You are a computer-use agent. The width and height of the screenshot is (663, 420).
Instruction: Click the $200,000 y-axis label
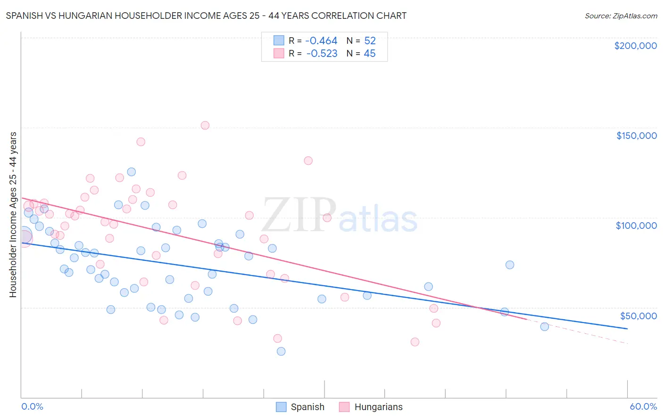coord(635,46)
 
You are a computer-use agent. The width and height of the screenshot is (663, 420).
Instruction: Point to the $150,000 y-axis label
coord(636,136)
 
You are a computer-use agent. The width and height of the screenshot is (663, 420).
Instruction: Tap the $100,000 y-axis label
coord(636,226)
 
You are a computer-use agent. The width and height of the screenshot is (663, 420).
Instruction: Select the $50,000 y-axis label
coord(638,315)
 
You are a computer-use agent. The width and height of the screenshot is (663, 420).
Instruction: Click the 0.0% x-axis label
coord(32,406)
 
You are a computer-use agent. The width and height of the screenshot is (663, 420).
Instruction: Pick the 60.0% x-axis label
coord(643,406)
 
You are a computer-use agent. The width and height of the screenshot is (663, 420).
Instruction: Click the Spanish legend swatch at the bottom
coord(281,407)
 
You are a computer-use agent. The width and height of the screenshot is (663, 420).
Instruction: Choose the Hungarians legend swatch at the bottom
coord(344,407)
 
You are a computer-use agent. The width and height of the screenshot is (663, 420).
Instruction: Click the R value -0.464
coord(322,41)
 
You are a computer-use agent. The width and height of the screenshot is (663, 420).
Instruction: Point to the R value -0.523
coord(322,54)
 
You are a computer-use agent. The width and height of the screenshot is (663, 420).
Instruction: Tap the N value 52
coord(370,41)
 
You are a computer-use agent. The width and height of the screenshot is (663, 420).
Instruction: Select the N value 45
coord(370,54)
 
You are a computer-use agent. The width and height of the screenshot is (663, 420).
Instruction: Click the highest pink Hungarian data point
coord(205,125)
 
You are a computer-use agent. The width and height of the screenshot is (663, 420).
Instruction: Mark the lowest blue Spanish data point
coord(281,351)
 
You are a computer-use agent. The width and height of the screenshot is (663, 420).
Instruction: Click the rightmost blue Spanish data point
coord(545,327)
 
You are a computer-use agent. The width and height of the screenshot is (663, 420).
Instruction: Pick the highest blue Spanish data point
coord(132,172)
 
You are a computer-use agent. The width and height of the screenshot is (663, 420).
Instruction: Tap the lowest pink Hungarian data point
coord(415,342)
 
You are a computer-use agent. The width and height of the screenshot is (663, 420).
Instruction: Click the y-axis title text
coord(13,215)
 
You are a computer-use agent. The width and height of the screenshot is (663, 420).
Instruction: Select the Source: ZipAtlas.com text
coord(621,16)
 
